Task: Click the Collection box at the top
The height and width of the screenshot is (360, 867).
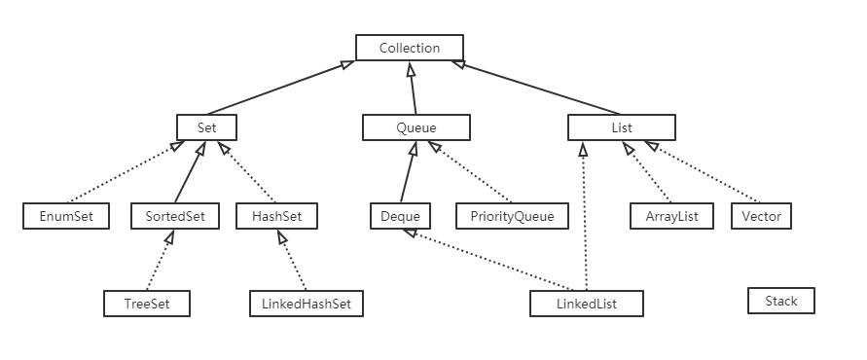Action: tap(409, 48)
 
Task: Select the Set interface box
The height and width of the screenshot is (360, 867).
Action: tap(207, 127)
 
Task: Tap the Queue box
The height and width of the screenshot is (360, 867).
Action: tap(415, 127)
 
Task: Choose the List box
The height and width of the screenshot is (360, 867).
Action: tap(621, 127)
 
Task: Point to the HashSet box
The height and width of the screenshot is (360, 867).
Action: tap(277, 216)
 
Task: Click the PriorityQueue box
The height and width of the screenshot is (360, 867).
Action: tap(511, 216)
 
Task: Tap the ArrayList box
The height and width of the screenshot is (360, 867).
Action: tap(672, 216)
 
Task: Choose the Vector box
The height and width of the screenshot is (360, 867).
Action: tap(761, 216)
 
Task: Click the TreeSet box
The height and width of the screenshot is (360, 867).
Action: tap(147, 304)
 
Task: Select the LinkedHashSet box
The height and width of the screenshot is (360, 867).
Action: tap(306, 304)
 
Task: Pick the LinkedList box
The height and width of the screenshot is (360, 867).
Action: tap(587, 304)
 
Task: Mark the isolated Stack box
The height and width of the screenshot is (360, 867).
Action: tap(780, 301)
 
